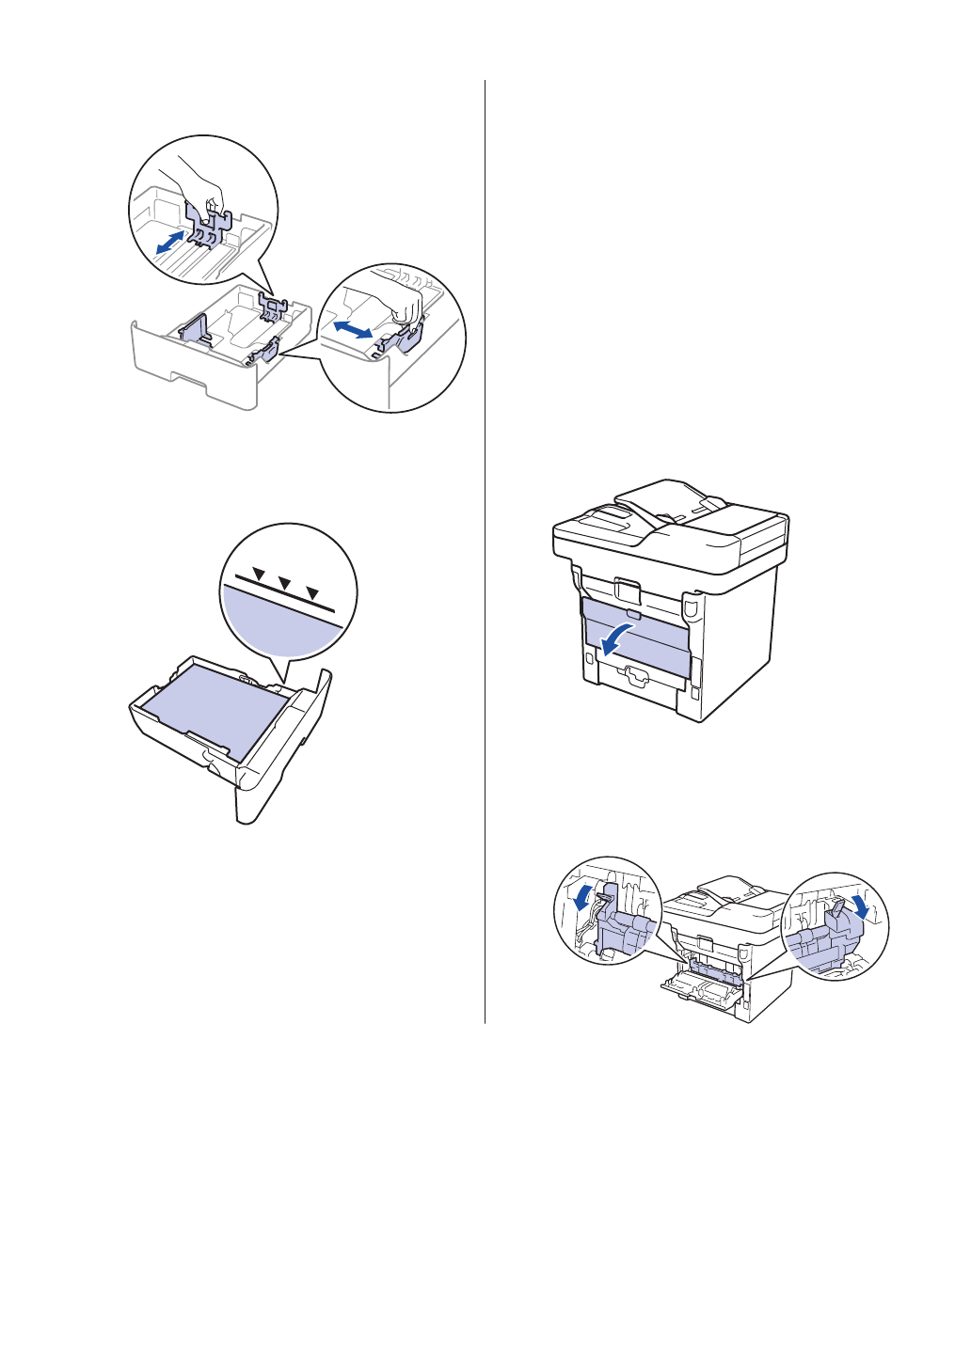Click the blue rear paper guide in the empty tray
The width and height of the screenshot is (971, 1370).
[273, 303]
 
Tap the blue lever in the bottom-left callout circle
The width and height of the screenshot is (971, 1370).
[613, 926]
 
